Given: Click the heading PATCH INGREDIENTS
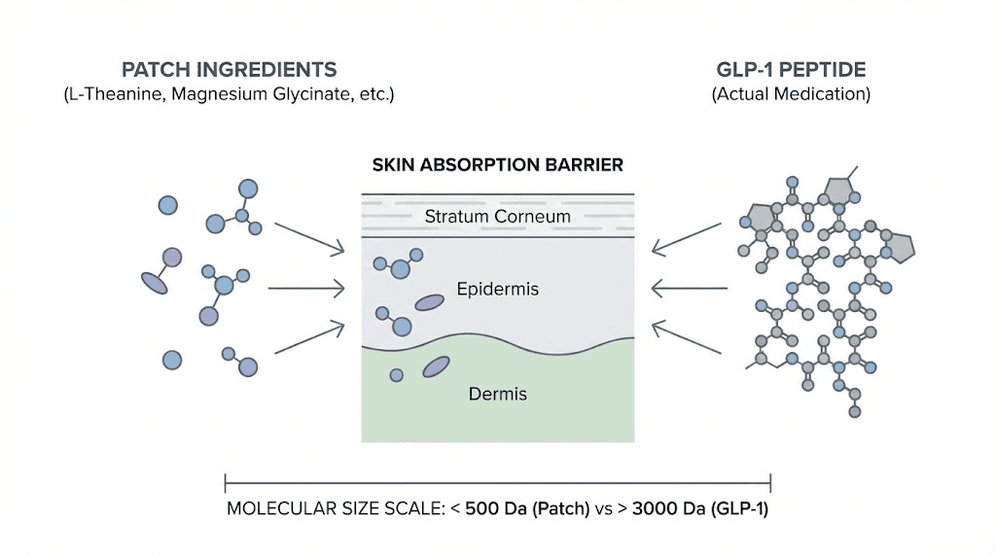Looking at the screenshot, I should click(x=229, y=70).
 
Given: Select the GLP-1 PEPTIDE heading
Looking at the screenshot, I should click(x=791, y=70).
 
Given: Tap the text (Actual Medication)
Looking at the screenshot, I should click(x=791, y=94).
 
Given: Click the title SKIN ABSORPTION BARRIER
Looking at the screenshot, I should click(x=497, y=165).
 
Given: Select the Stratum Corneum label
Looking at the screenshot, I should click(x=497, y=216).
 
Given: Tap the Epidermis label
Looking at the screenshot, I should click(x=497, y=289).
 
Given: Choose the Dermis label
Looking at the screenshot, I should click(x=497, y=394).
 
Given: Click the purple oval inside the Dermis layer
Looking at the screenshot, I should click(x=436, y=366).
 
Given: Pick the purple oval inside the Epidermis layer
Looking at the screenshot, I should click(x=429, y=303).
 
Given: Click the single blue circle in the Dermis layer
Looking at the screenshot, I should click(x=396, y=375).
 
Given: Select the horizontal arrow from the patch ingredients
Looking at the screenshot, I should click(x=305, y=289).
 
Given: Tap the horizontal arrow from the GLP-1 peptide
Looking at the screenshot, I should click(x=690, y=289).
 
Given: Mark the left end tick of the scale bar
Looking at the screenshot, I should click(x=226, y=483).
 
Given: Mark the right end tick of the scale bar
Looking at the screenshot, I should click(x=770, y=483).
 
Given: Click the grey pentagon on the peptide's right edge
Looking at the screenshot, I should click(x=901, y=248).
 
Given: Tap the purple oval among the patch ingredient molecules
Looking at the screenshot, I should click(x=155, y=282).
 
